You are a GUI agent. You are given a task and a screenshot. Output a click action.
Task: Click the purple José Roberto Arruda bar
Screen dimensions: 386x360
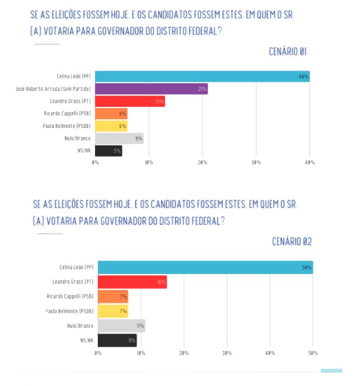pos(151,89)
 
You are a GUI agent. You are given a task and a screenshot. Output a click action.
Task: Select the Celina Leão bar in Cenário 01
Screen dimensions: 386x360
pos(202,76)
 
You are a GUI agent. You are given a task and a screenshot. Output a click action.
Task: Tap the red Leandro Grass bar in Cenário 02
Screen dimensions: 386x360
pos(132,282)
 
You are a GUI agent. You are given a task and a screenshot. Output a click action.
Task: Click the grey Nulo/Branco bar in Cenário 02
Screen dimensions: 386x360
pos(121,326)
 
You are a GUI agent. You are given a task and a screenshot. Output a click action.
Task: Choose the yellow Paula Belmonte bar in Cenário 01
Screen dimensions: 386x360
pos(111,126)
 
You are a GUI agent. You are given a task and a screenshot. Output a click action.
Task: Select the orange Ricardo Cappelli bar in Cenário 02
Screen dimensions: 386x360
pos(113,297)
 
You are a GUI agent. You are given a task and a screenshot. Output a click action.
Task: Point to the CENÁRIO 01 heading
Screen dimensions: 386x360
pos(287,52)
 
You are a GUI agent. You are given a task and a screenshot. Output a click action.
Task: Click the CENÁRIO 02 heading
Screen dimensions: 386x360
pos(291,241)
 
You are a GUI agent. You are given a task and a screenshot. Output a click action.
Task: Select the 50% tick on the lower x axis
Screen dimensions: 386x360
pos(313,353)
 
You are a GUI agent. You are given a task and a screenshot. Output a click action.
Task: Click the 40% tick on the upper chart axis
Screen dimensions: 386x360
pos(309,162)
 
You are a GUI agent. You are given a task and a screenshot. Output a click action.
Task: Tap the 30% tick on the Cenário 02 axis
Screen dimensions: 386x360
pos(227,353)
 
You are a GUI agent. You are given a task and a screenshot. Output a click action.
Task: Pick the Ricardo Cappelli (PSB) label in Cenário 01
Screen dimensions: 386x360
pos(67,113)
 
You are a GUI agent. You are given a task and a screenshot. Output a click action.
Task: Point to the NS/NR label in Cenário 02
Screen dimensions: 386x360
pos(86,340)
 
